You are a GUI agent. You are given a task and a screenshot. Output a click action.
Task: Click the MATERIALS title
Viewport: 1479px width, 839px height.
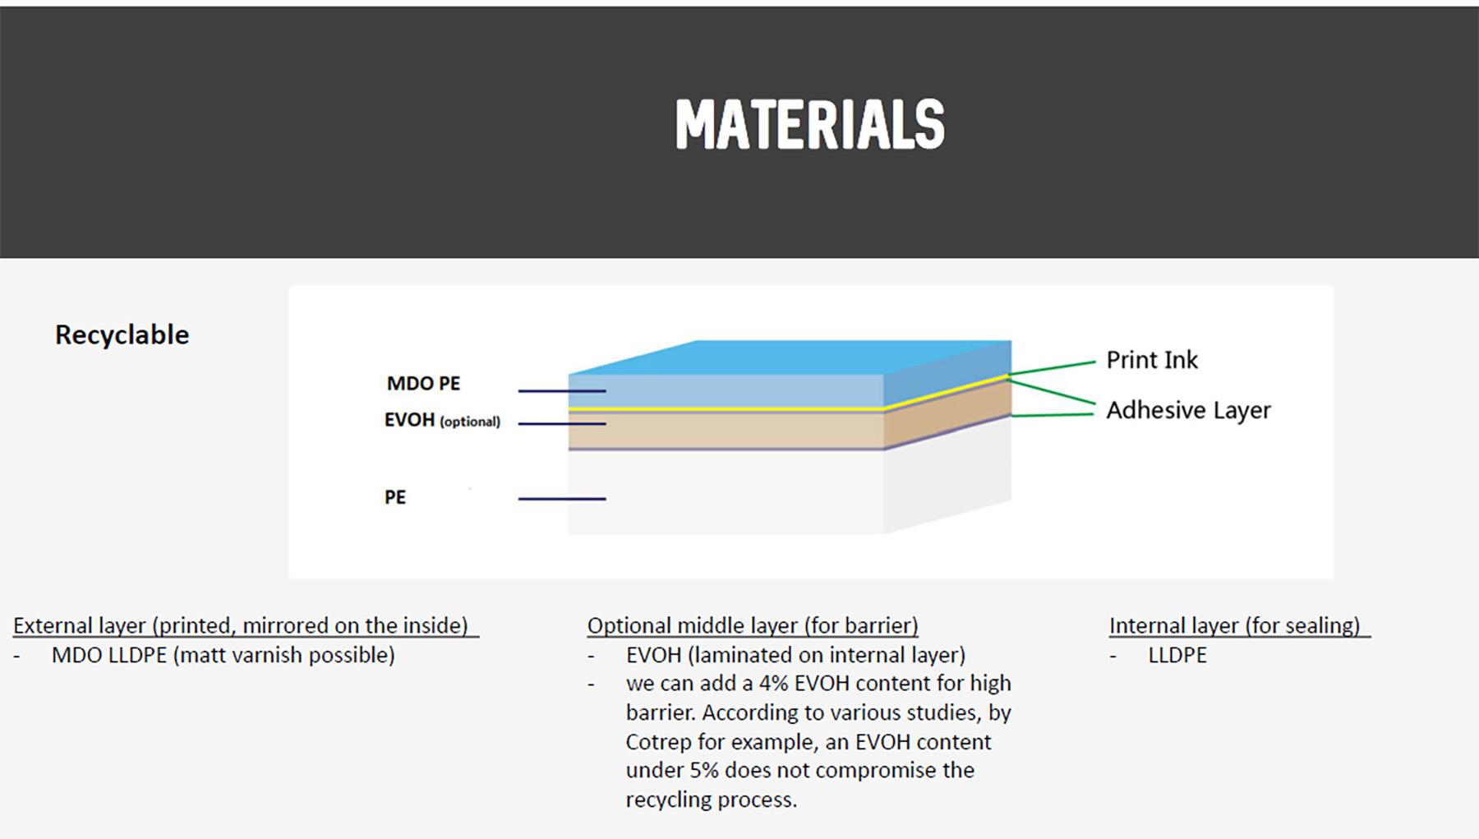810,125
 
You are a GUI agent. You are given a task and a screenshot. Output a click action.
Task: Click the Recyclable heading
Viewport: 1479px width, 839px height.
122,335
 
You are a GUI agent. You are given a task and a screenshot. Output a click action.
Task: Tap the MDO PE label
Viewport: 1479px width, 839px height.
424,384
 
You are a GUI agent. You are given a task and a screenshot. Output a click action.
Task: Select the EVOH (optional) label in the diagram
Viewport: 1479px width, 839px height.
442,420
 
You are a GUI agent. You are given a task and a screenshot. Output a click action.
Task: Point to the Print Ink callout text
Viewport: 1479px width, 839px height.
1152,360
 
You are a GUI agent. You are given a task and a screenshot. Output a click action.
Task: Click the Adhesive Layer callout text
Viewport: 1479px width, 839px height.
1188,410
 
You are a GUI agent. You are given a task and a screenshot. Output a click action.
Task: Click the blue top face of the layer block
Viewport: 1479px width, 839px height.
789,357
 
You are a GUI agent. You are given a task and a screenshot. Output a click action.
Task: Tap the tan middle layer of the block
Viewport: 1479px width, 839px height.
726,430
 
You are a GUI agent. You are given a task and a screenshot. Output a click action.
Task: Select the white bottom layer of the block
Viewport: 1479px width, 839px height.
726,491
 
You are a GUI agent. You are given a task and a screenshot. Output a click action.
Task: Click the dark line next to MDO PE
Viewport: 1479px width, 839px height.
562,391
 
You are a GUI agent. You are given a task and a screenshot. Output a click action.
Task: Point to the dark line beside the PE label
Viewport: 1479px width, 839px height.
562,499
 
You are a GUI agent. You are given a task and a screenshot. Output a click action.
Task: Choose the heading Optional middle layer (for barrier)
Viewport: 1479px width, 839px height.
753,626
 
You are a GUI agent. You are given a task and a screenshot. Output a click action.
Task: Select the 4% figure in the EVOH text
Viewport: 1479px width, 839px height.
773,684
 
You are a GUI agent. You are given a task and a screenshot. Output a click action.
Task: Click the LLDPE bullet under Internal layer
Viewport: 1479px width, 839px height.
1177,656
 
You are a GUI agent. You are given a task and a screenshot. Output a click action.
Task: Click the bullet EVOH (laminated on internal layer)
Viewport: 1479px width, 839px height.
795,656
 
